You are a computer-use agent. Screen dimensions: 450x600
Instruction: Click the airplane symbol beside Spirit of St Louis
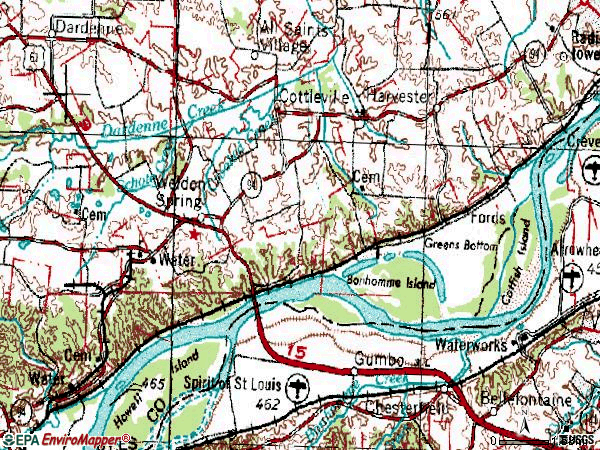tap(296, 387)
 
